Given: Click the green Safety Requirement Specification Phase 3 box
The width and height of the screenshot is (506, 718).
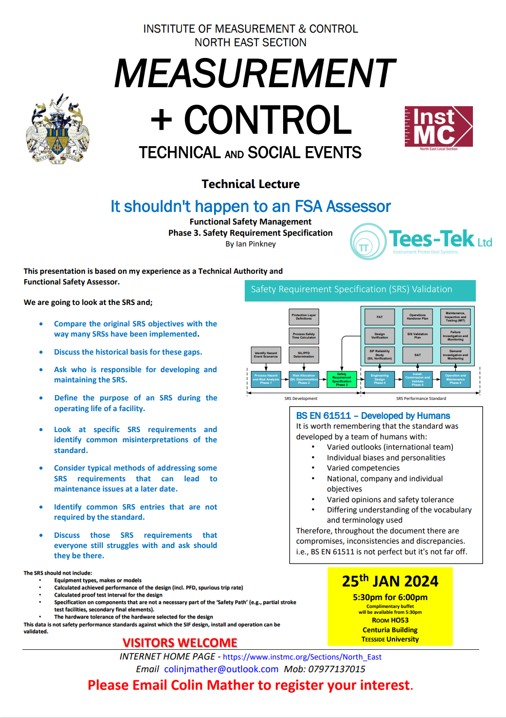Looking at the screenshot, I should [342, 379].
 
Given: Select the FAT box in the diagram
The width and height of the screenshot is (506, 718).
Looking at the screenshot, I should [379, 317].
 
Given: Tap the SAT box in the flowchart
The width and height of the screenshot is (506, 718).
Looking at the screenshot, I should [417, 355].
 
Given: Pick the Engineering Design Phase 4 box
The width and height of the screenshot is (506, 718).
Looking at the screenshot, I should [379, 379].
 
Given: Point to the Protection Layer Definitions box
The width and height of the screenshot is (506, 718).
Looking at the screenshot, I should [304, 317].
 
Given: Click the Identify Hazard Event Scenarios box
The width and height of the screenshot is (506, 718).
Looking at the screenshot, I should [266, 355].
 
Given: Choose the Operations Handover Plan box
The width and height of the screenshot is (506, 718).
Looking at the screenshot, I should [417, 317].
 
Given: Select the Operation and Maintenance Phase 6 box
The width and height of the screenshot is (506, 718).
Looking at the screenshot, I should [455, 379].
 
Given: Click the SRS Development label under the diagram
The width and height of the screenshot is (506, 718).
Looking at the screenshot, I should [301, 398].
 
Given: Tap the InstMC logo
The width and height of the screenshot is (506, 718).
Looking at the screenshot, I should [438, 127].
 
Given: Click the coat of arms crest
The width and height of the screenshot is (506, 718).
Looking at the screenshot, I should [58, 129].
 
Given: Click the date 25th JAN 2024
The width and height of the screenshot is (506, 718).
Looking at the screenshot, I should [390, 581].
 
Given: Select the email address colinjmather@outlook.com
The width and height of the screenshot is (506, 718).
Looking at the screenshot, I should [221, 669].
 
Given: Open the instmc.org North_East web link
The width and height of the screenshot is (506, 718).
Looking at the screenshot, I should [302, 657].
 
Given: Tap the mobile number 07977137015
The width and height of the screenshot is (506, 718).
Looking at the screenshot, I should [337, 669].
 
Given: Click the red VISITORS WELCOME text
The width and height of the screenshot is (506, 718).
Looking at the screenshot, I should [180, 643].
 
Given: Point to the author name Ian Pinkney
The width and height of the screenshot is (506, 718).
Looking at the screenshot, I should [256, 244].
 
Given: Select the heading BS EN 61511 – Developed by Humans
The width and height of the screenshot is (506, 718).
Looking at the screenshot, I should [373, 416].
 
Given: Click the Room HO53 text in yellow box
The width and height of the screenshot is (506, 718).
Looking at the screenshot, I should [390, 620].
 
